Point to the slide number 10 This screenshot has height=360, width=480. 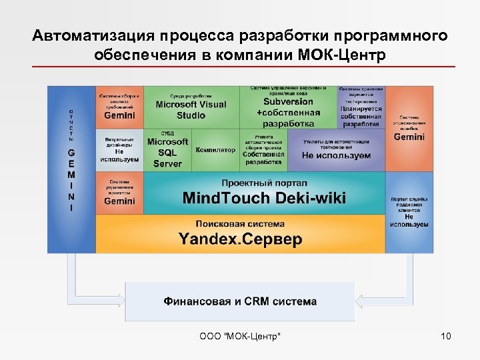(446, 335)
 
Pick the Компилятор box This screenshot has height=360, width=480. (215, 150)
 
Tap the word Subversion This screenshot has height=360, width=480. (288, 102)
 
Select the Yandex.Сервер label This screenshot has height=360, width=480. (240, 238)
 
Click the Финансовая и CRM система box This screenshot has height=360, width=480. (240, 301)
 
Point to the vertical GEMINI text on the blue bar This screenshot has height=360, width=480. (71, 179)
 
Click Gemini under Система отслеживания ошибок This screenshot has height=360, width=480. (409, 137)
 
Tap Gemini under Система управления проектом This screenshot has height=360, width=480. (119, 201)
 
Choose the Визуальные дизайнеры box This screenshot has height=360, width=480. (119, 150)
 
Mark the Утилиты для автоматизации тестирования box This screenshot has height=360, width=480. (336, 150)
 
